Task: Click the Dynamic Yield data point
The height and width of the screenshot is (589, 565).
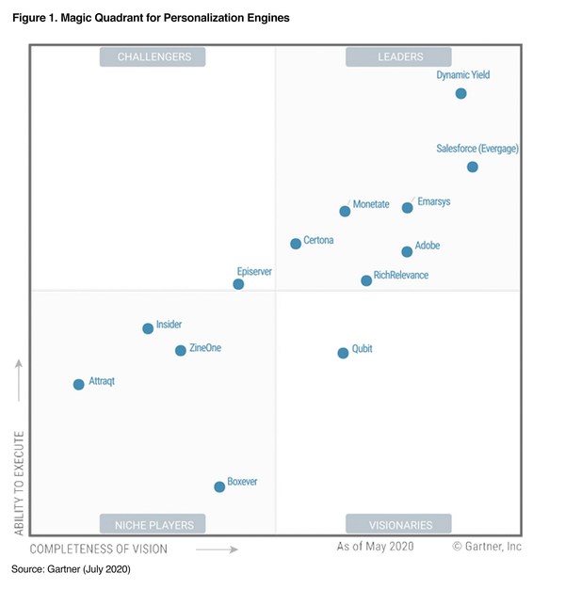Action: [x=460, y=93]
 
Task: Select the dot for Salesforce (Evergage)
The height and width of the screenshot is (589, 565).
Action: [x=472, y=167]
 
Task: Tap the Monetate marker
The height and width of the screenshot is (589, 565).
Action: [x=345, y=212]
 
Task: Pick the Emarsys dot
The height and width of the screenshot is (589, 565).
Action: [x=407, y=208]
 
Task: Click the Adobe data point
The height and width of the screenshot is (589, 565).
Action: [x=407, y=252]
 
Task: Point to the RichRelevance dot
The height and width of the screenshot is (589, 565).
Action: [x=366, y=280]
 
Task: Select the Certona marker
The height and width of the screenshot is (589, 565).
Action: [x=296, y=244]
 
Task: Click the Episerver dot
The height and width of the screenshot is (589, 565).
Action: [x=238, y=284]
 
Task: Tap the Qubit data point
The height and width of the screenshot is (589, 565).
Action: [x=343, y=353]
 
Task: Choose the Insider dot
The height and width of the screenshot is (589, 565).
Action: [x=148, y=328]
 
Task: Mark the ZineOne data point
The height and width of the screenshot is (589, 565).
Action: [x=180, y=351]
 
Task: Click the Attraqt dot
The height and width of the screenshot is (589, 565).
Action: [x=78, y=384]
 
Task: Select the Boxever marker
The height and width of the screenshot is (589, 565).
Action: [x=219, y=486]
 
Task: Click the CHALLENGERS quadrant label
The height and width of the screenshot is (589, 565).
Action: [x=153, y=57]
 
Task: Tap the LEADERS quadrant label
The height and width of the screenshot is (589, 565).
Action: [x=399, y=57]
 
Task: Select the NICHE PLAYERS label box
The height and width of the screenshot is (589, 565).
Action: [x=153, y=525]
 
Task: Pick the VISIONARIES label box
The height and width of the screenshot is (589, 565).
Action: [x=399, y=525]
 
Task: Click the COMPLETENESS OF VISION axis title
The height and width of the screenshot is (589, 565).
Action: [x=99, y=549]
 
